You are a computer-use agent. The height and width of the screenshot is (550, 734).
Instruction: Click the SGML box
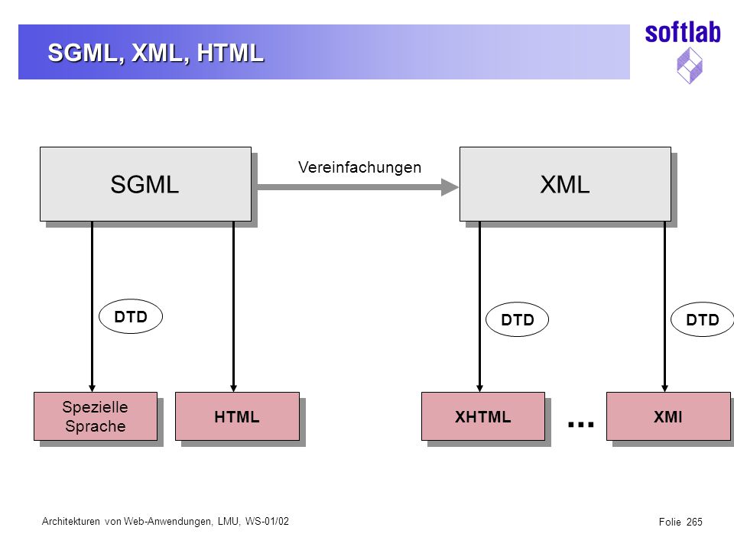145,184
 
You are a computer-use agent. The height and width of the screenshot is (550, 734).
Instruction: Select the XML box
565,184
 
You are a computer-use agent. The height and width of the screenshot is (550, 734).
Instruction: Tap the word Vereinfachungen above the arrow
359,167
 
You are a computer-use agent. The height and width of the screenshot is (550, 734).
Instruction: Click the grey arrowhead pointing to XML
450,187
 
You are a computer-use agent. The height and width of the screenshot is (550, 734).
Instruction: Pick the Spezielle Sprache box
96,416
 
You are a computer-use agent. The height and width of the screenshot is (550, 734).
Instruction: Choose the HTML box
237,416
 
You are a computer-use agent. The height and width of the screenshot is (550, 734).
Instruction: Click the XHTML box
483,416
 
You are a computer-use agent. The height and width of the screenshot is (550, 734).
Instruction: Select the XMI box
668,416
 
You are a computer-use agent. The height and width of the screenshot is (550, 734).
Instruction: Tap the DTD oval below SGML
131,316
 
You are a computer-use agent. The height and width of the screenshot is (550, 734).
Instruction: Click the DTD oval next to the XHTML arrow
518,320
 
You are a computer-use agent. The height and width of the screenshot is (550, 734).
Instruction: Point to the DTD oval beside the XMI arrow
702,320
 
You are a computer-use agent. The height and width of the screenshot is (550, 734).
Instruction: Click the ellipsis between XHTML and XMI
580,425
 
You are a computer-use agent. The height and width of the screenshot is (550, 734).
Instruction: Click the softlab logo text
683,33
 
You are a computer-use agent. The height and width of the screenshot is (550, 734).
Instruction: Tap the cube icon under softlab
690,66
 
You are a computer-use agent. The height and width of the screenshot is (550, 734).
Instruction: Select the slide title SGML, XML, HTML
155,53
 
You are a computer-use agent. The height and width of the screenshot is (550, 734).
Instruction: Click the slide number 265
695,522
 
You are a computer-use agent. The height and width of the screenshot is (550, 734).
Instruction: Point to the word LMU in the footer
228,522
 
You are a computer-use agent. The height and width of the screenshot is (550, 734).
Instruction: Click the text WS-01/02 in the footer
267,522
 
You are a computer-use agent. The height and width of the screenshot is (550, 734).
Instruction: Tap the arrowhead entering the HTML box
234,388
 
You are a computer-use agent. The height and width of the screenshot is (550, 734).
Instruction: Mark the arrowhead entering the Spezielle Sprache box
93,388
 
